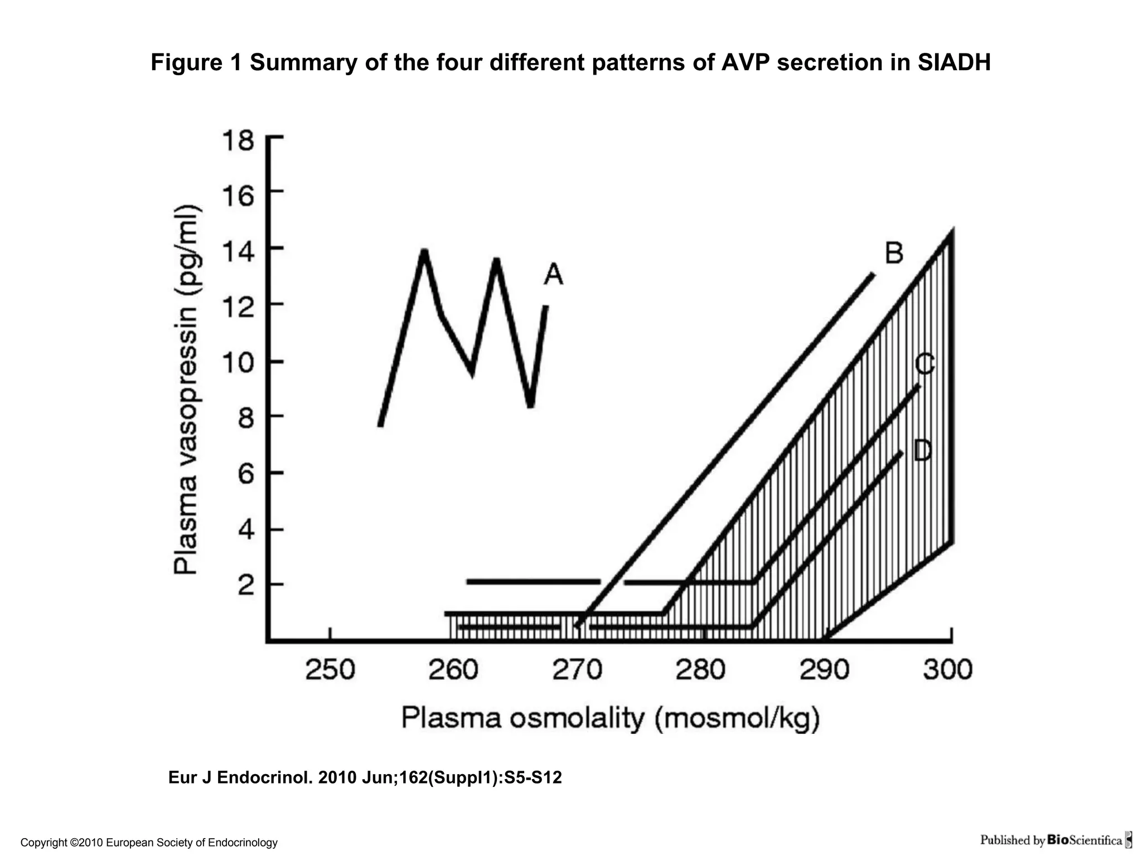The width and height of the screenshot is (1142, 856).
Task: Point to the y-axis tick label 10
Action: point(238,363)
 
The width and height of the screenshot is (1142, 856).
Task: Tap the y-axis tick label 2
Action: point(246,585)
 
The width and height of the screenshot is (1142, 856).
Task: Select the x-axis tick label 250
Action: point(330,669)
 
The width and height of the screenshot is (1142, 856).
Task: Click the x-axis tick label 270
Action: point(577,669)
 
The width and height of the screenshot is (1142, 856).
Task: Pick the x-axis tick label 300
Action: point(947,669)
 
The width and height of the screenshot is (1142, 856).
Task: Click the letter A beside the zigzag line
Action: point(553,275)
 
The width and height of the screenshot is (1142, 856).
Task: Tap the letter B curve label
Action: point(894,254)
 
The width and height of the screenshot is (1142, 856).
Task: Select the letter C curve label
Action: point(925,365)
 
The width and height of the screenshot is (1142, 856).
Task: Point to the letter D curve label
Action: point(923,450)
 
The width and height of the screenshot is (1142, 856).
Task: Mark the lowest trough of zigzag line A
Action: point(531,406)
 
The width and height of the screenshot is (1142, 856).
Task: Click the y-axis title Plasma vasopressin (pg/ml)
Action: point(186,390)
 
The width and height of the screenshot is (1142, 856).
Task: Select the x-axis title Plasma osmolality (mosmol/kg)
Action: point(611,719)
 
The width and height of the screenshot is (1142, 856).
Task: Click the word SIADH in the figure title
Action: point(954,62)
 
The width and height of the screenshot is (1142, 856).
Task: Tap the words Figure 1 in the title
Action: point(196,62)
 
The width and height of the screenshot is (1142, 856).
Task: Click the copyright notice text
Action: point(149,843)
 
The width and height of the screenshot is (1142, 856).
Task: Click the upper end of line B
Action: point(873,275)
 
